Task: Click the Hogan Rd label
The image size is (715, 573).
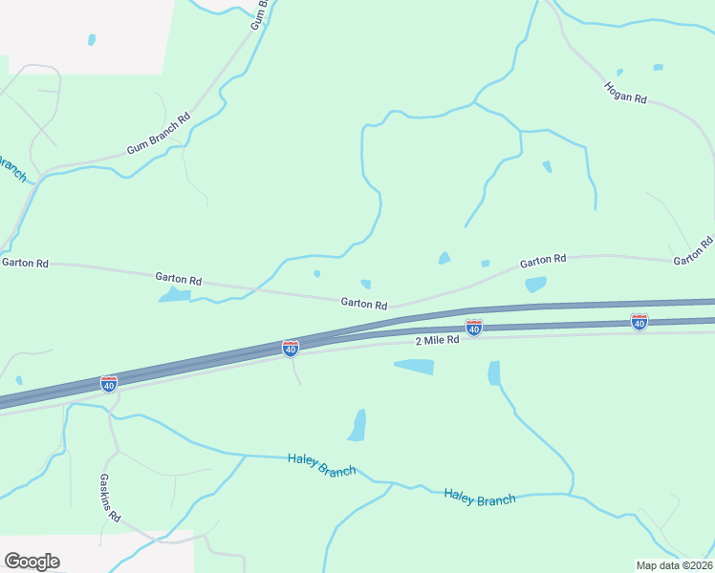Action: click(626, 93)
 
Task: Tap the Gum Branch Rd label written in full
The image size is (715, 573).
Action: click(159, 135)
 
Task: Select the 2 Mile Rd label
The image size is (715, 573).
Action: click(438, 341)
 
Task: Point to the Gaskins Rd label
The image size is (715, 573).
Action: click(110, 498)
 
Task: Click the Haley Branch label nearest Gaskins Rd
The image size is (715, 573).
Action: click(321, 464)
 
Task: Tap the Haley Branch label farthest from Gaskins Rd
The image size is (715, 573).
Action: click(479, 498)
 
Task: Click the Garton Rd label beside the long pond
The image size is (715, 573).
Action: click(179, 280)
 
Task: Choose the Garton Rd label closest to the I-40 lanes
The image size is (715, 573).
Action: click(364, 305)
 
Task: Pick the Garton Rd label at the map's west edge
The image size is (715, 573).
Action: click(24, 262)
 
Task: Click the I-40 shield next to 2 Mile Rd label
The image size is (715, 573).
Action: click(473, 328)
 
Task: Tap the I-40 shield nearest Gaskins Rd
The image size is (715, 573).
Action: click(109, 383)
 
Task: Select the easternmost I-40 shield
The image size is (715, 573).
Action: click(639, 322)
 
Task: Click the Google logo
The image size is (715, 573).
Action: click(32, 562)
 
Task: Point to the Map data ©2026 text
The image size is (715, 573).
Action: click(675, 565)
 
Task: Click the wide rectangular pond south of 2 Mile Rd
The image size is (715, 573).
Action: click(414, 367)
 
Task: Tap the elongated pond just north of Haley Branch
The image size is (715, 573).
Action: click(357, 426)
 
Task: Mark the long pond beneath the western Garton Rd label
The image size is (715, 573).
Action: click(175, 295)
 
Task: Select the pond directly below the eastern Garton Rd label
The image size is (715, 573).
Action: click(535, 284)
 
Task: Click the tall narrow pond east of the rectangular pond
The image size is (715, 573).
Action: click(493, 372)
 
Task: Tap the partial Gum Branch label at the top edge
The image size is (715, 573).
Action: click(258, 14)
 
